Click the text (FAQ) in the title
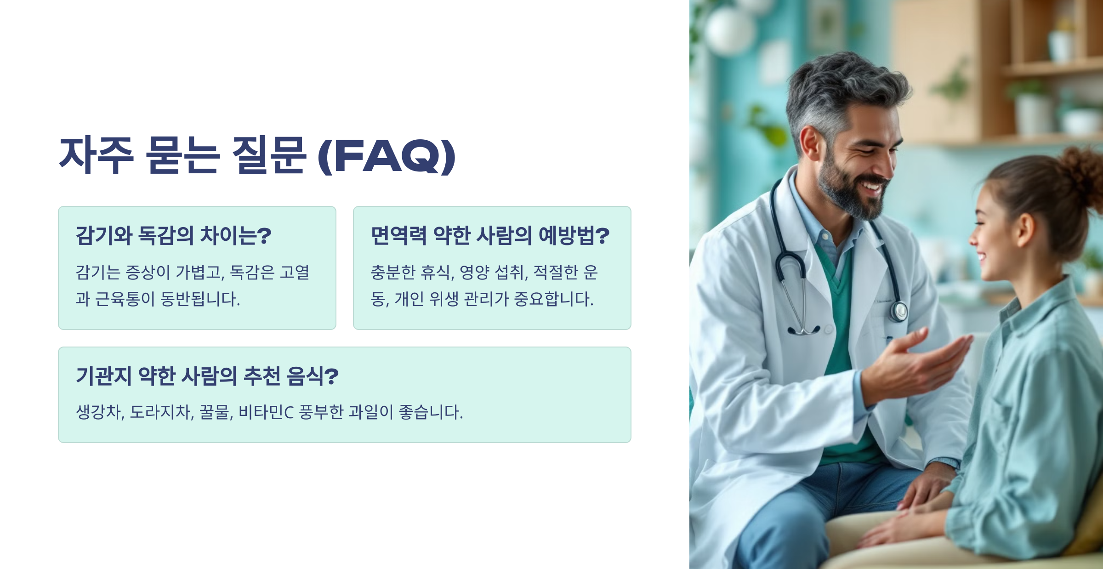[x=387, y=156]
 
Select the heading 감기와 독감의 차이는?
[x=173, y=235]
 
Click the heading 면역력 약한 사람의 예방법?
[x=490, y=235]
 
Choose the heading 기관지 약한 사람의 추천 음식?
[x=207, y=376]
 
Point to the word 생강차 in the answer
[x=99, y=412]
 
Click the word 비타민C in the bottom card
[x=266, y=412]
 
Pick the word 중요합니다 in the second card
[x=552, y=299]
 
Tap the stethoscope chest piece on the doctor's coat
[x=898, y=311]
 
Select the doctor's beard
[x=850, y=193]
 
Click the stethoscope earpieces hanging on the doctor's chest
[x=803, y=329]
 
